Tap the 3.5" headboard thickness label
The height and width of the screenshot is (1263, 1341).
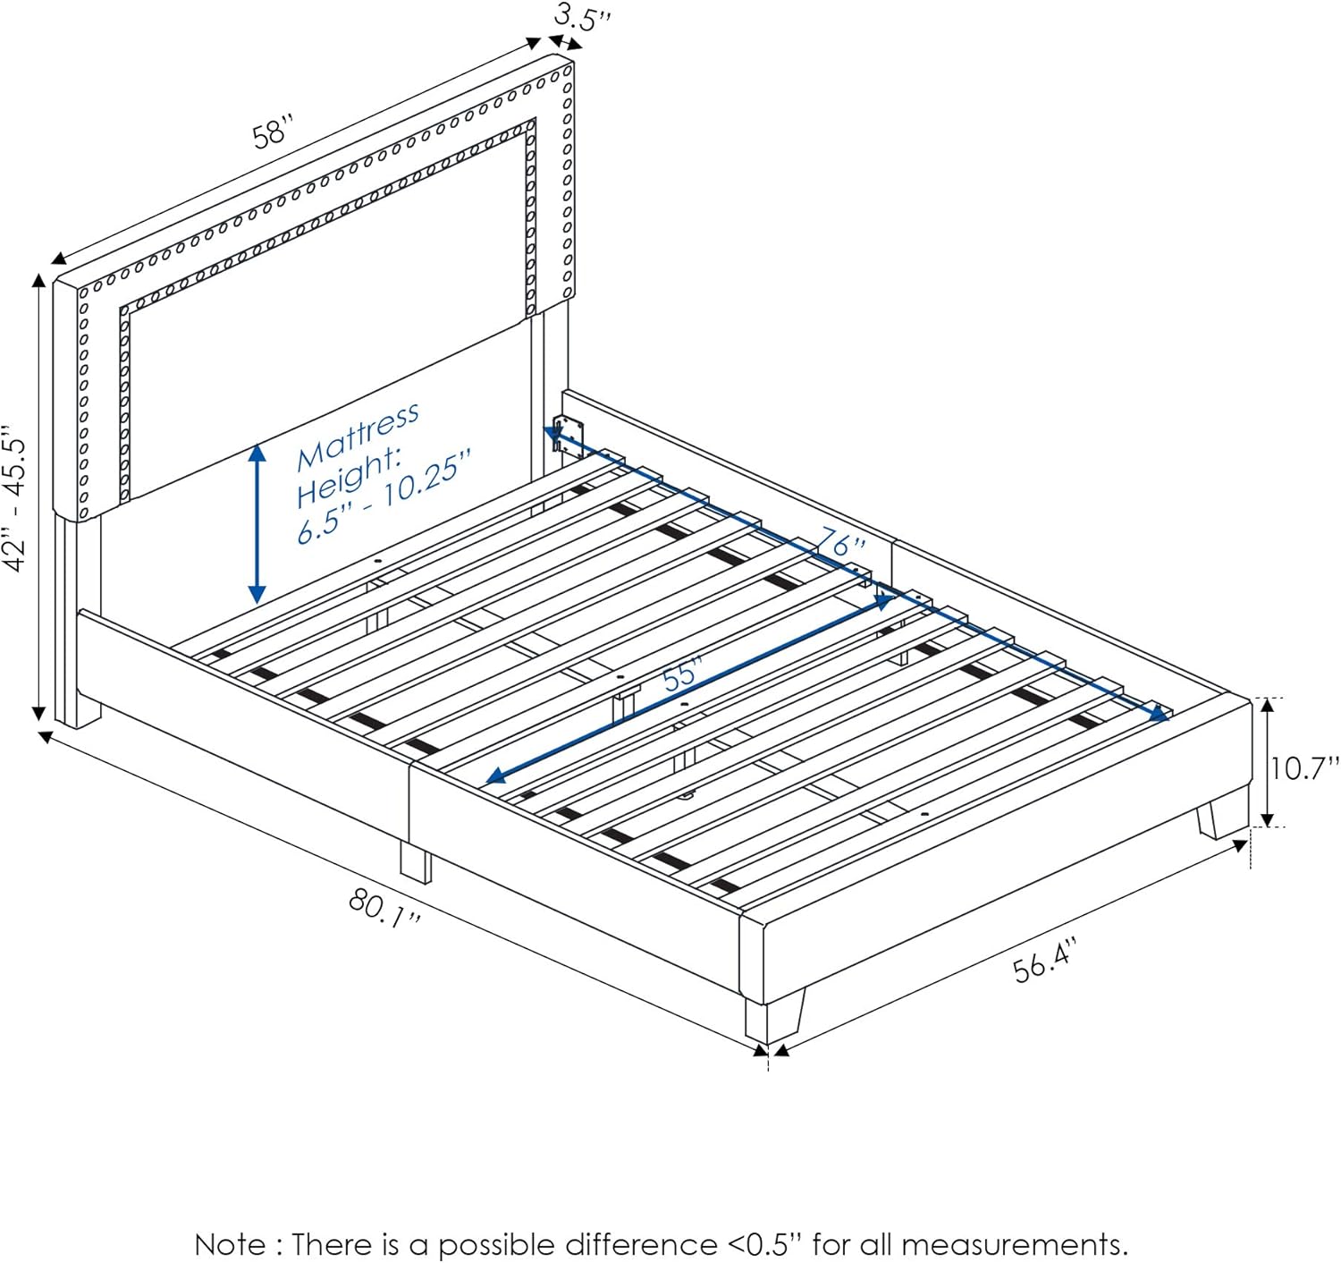click(582, 18)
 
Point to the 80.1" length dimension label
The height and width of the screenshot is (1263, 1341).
click(385, 907)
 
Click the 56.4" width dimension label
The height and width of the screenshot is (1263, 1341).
click(1045, 960)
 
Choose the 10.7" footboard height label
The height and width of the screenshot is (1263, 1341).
click(1304, 767)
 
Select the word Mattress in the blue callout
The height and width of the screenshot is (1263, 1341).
click(358, 435)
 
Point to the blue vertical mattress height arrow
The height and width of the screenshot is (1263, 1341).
click(257, 524)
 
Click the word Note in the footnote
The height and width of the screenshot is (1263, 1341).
click(230, 1244)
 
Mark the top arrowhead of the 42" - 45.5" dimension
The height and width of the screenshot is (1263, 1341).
click(38, 280)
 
